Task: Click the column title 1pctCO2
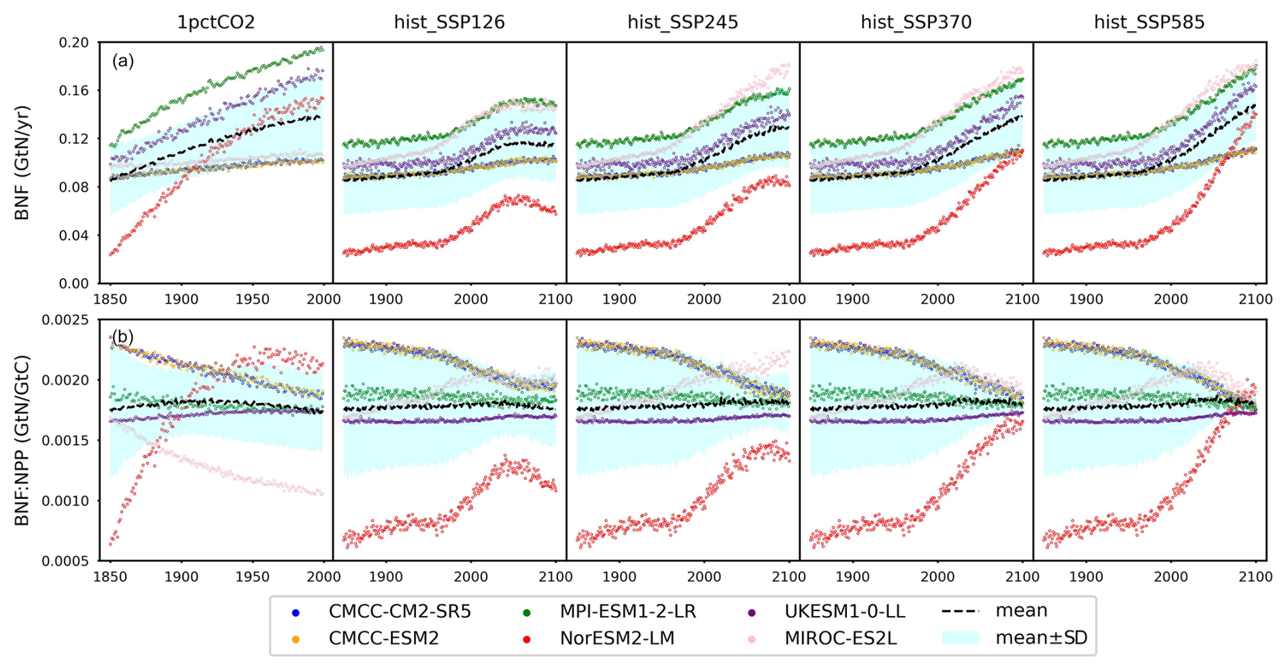216,22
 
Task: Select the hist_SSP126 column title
449,22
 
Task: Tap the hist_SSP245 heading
682,22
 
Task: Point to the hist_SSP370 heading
916,22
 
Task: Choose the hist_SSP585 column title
1149,22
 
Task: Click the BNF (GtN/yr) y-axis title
22,162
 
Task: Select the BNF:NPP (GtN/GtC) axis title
22,440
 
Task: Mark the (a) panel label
123,61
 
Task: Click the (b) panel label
123,337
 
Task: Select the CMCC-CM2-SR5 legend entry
399,612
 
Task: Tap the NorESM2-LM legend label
616,638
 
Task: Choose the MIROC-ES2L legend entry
840,638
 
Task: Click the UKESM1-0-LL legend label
844,612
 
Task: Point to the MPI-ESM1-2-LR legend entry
627,612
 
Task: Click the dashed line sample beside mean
960,612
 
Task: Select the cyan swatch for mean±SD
960,638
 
